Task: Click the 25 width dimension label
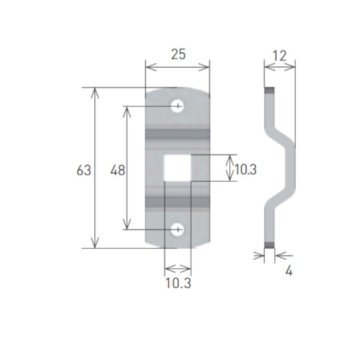[178, 54]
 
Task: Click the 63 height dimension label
[83, 170]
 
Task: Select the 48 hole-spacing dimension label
[118, 170]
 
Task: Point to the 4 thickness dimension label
[289, 270]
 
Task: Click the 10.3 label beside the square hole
[245, 170]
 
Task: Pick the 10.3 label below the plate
[178, 283]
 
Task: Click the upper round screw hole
[178, 106]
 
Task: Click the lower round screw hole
[178, 230]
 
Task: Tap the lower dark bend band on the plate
[178, 202]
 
